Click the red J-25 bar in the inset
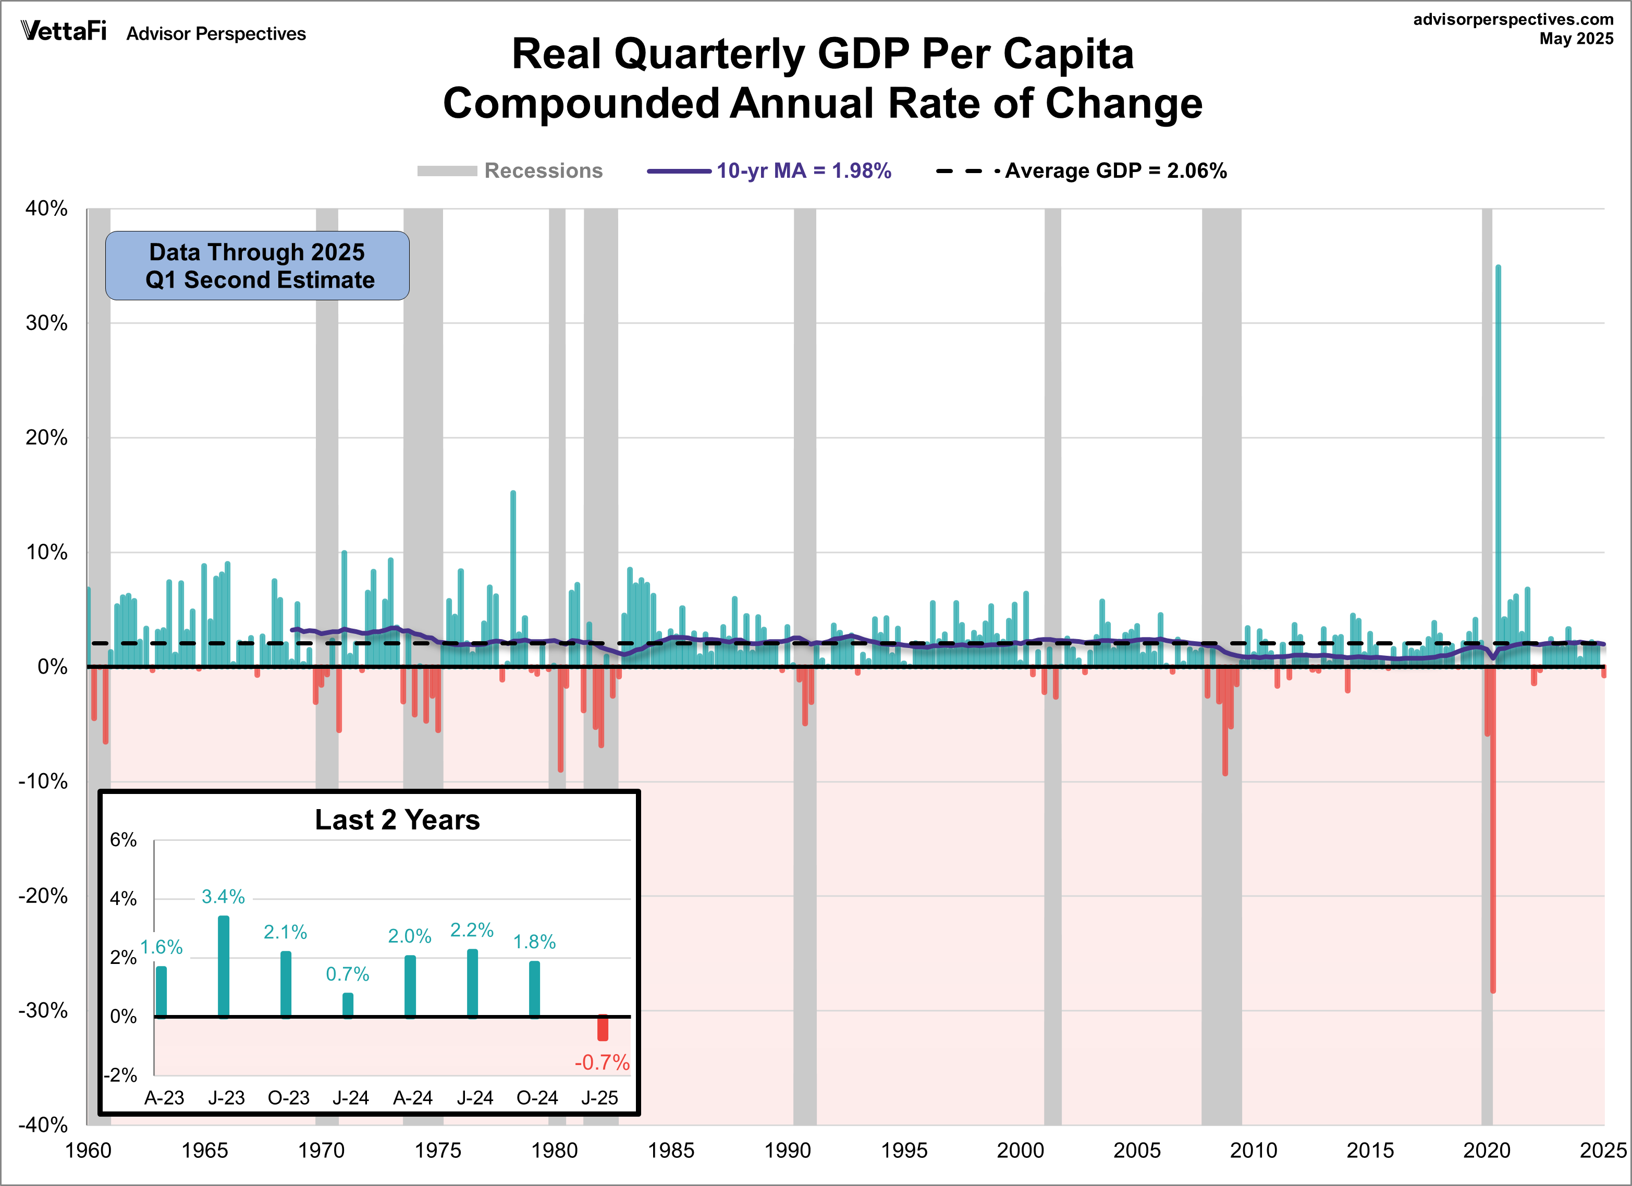pyautogui.click(x=602, y=1028)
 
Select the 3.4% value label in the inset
pyautogui.click(x=223, y=897)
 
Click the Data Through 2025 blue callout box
pyautogui.click(x=257, y=265)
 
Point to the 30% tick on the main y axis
pyautogui.click(x=47, y=323)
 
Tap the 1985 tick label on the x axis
pyautogui.click(x=671, y=1151)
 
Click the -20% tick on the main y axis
pyautogui.click(x=43, y=896)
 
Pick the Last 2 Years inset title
pyautogui.click(x=397, y=820)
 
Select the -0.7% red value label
pyautogui.click(x=602, y=1062)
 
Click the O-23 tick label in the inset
pyautogui.click(x=289, y=1097)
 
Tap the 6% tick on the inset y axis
pyautogui.click(x=123, y=840)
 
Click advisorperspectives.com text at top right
pyautogui.click(x=1513, y=19)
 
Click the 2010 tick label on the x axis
pyautogui.click(x=1254, y=1151)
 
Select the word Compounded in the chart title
pyautogui.click(x=581, y=103)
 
